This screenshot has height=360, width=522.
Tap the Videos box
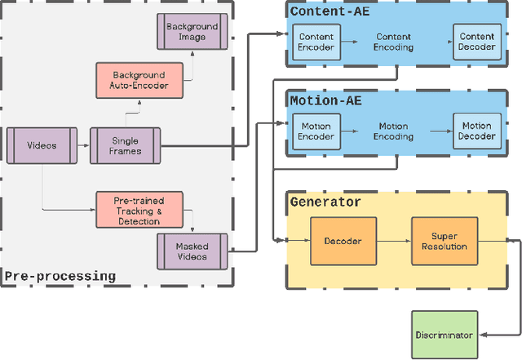click(42, 145)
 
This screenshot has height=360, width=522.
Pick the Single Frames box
click(125, 146)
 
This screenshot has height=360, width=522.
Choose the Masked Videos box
click(192, 251)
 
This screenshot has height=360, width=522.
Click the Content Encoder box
click(316, 42)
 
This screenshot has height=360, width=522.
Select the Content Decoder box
click(477, 42)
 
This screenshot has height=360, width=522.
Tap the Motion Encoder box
click(316, 131)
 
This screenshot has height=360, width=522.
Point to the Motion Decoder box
click(477, 131)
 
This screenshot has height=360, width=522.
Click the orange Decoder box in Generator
click(343, 241)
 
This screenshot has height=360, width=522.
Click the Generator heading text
click(325, 202)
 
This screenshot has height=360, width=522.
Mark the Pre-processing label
click(60, 276)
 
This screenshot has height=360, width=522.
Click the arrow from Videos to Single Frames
click(84, 146)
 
